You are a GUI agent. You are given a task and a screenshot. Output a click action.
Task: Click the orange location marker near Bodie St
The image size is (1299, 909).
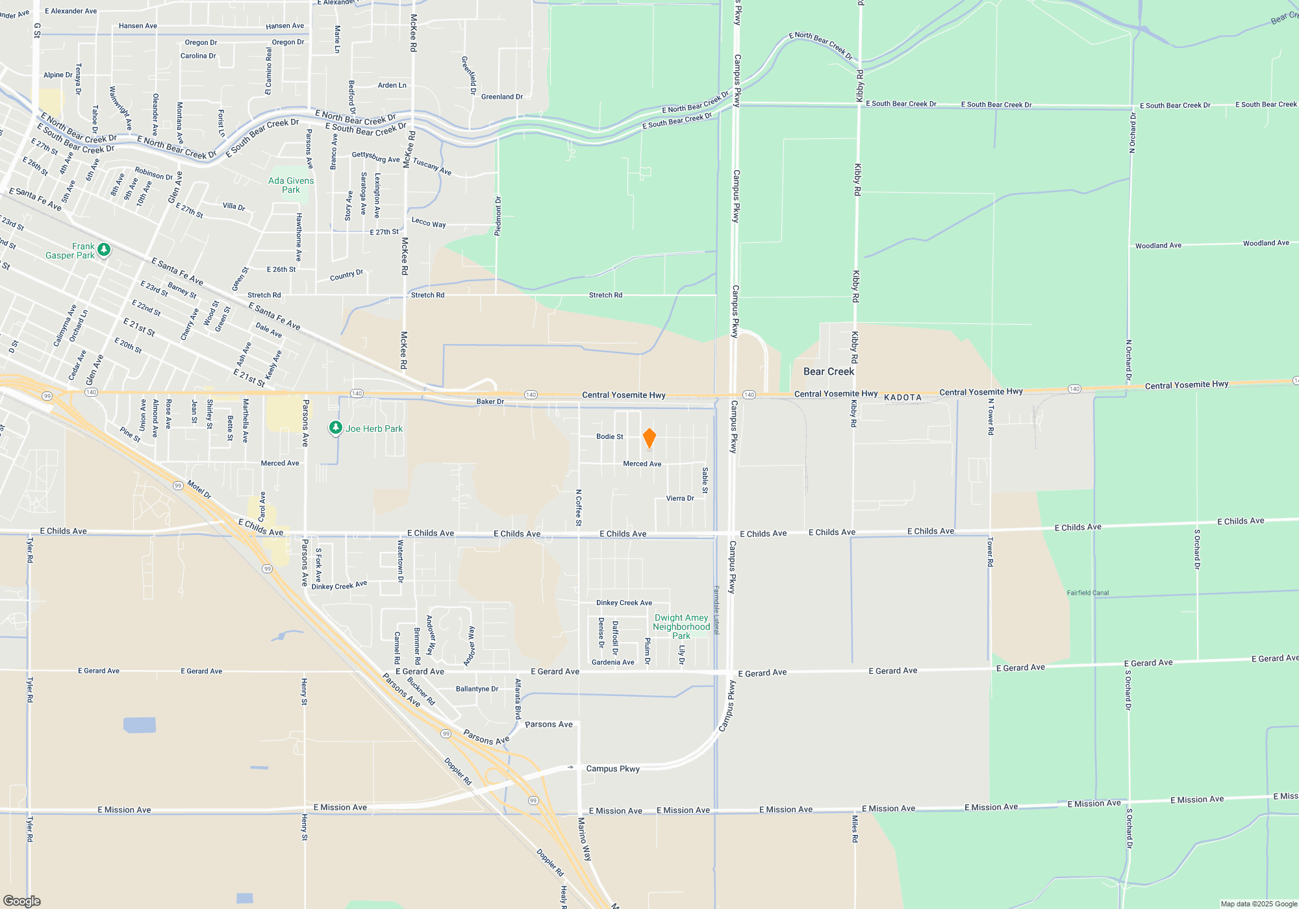649,438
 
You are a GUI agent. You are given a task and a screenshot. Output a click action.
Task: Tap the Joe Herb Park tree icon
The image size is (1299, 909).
335,428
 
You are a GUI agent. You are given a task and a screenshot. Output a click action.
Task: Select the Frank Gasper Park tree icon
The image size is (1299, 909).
103,249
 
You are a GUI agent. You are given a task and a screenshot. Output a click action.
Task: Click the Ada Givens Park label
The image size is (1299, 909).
291,185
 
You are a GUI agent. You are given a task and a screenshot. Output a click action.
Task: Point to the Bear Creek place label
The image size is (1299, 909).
829,371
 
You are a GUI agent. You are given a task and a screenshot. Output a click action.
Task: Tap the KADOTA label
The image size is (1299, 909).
903,397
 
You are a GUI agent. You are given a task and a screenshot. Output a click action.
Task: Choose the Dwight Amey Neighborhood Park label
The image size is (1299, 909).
681,627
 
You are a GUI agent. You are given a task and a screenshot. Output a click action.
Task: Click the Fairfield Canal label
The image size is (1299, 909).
1088,593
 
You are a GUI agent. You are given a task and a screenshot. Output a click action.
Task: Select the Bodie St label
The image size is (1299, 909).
610,436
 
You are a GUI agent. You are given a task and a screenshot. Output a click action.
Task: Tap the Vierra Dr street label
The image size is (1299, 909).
680,498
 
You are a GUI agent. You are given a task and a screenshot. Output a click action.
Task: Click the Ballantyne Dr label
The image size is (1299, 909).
477,689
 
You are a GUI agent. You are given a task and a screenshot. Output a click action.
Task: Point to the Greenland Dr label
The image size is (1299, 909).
502,97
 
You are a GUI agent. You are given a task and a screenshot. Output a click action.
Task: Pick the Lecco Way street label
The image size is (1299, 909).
429,222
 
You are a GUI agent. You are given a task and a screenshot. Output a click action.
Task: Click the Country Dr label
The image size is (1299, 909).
346,275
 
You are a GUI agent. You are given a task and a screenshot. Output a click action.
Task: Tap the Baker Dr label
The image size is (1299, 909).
490,401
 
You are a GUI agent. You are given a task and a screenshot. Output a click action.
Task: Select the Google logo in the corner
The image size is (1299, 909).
21,901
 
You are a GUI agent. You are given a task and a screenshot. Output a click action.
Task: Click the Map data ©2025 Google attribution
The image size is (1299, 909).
1259,904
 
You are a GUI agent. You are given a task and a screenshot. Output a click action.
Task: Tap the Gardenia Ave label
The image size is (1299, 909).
612,662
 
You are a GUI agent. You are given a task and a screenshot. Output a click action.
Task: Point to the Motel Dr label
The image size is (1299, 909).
199,489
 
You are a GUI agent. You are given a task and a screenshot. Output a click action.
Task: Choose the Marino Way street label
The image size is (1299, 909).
585,839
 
